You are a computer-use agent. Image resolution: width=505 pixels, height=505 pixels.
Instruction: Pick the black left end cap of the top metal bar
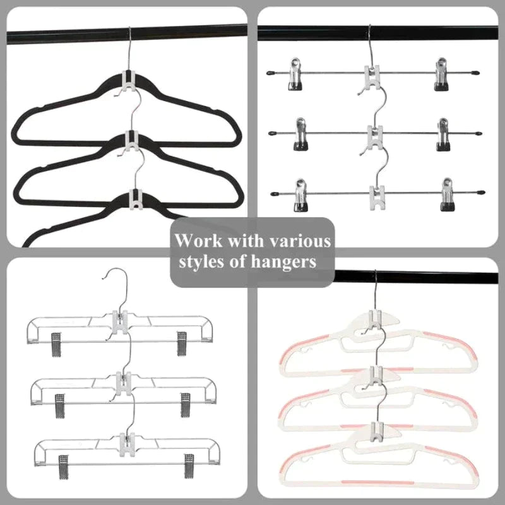click(x=271, y=73)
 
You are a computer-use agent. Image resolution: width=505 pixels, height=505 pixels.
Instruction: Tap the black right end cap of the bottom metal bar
click(x=480, y=190)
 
